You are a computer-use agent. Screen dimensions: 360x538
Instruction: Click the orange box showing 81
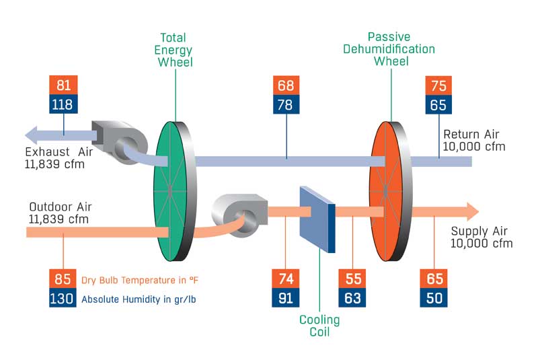point(64,85)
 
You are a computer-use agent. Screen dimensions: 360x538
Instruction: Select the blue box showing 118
point(64,104)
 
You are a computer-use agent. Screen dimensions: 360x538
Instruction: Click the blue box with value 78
point(286,104)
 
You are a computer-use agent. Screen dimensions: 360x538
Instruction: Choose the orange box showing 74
point(286,279)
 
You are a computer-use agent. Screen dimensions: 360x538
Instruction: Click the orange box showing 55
point(352,279)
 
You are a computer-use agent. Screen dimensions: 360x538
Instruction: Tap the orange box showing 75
point(439,85)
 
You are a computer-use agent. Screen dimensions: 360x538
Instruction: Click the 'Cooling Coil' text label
point(319,326)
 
